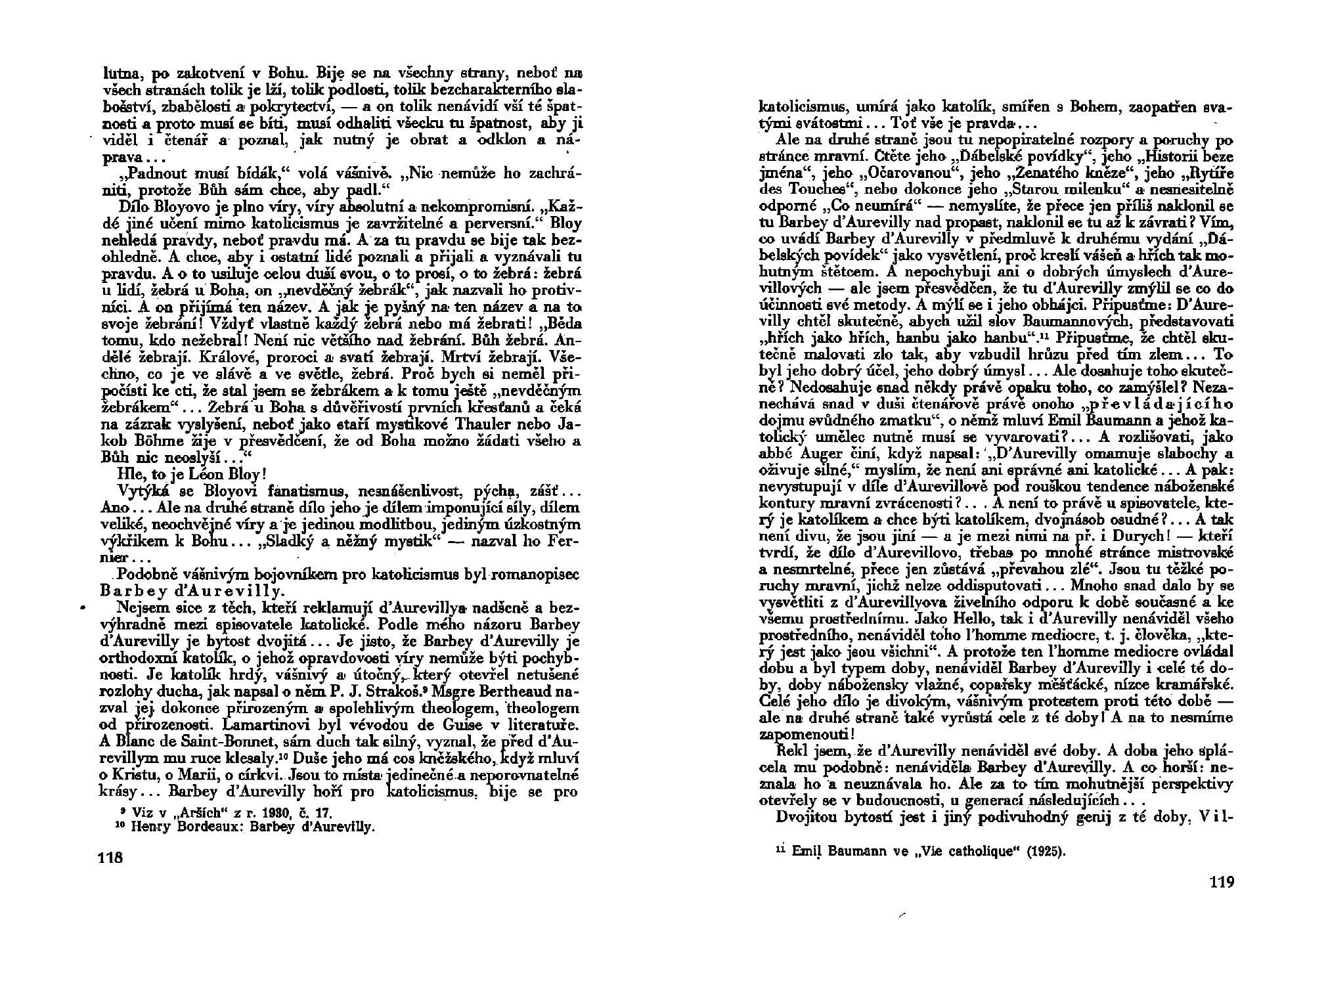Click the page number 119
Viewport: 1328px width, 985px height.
pos(1221,882)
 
